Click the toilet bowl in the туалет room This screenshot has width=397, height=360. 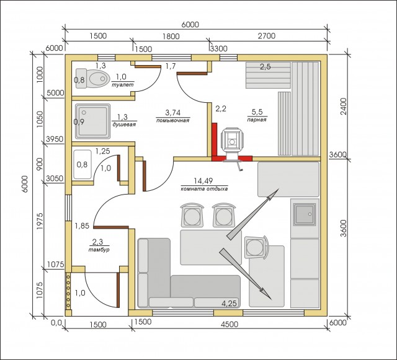[92, 79]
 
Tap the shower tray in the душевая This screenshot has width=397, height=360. [92, 121]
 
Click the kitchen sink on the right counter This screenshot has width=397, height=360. [305, 214]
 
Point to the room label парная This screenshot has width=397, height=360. [257, 120]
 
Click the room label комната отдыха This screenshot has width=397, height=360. [204, 189]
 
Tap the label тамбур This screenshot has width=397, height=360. [99, 250]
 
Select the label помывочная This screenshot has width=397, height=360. [172, 120]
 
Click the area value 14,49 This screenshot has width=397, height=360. [203, 181]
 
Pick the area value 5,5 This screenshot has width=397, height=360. [257, 112]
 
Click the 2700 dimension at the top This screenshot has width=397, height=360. [267, 36]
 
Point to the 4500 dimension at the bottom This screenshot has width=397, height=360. [230, 324]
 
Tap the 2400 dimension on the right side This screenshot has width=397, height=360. [344, 106]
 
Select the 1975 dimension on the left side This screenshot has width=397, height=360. [40, 221]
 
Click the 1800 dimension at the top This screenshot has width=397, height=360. [171, 36]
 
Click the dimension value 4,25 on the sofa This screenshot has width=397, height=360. [229, 303]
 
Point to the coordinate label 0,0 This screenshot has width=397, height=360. [56, 323]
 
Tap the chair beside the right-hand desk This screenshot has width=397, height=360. [256, 247]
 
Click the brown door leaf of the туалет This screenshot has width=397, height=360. [148, 67]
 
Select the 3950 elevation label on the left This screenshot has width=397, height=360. [55, 139]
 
